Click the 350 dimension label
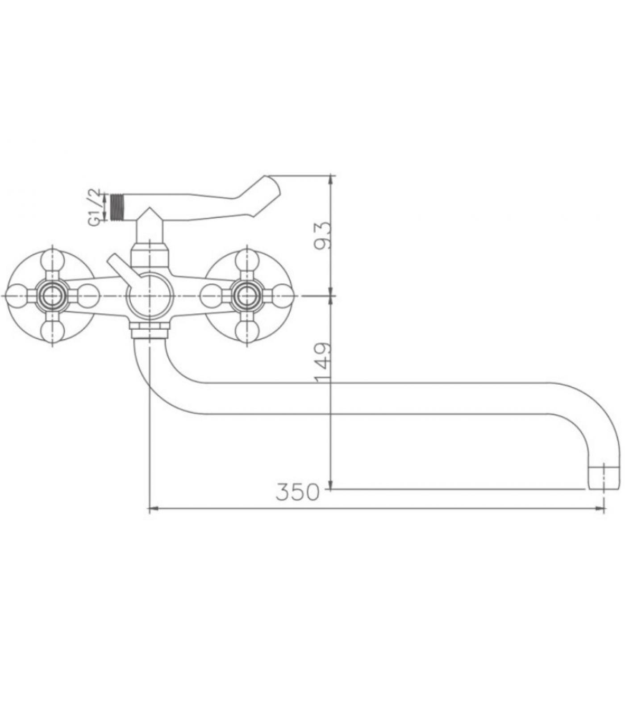298,492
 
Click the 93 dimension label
324,235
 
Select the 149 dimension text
324,363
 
